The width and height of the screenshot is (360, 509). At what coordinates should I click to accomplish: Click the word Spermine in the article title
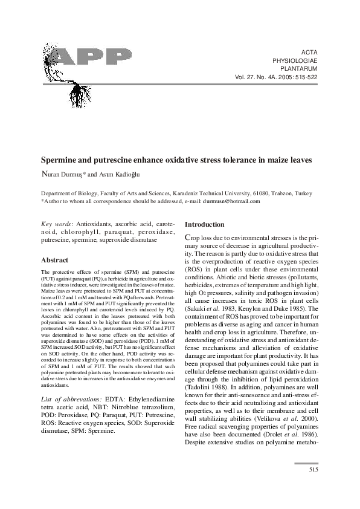coord(62,160)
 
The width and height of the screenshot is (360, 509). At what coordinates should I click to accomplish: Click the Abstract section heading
coord(54,260)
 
